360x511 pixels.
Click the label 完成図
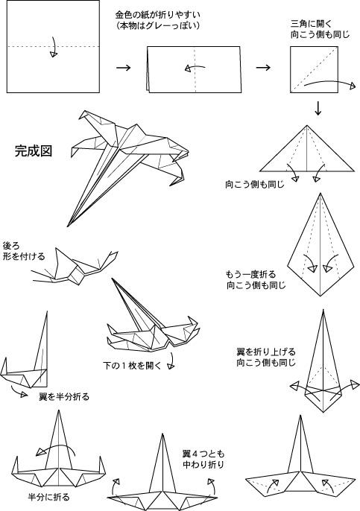34,151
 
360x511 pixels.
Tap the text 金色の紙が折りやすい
157,15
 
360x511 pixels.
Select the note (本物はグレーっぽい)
157,26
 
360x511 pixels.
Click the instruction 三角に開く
311,24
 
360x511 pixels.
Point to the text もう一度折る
250,274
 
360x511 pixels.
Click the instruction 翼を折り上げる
266,352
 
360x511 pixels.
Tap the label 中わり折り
203,464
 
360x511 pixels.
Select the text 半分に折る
49,497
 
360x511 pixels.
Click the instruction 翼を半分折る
64,396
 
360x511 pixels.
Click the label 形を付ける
24,256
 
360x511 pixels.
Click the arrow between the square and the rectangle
123,68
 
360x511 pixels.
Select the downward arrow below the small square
318,109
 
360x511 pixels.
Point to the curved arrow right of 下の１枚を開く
172,361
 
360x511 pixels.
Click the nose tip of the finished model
68,226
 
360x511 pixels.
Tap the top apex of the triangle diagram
306,125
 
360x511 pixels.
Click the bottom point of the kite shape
320,296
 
